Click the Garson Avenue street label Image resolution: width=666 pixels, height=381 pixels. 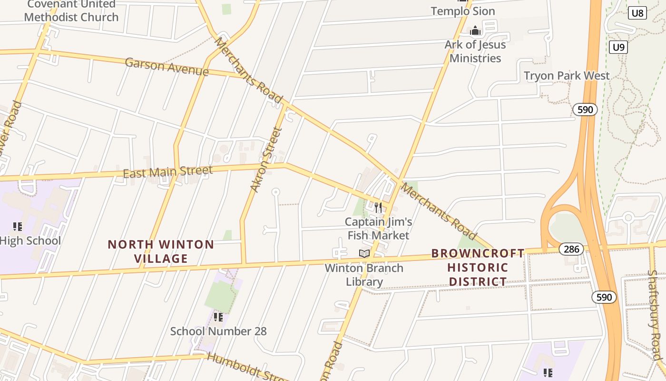point(166,67)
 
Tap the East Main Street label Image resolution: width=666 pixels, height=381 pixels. point(167,171)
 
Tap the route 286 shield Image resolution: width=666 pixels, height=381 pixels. point(571,249)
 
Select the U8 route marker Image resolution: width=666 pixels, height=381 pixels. point(637,13)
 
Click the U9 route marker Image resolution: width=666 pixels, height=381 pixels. point(618,47)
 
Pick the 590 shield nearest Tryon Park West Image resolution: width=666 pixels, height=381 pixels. point(585,110)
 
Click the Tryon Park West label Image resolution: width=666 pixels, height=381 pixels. point(566,76)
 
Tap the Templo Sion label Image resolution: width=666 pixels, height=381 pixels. point(462,11)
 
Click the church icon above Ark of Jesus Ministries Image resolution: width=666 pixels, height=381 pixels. point(475,31)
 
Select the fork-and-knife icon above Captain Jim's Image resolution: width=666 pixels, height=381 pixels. point(378,208)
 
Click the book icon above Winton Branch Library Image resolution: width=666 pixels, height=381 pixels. point(364,254)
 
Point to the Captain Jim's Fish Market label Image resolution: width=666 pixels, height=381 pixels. point(378,229)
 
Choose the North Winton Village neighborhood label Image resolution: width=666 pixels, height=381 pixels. point(161,251)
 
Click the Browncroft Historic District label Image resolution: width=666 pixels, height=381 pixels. point(478,267)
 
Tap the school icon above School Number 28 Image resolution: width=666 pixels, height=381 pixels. point(218,317)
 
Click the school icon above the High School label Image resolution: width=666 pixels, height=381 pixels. point(18,227)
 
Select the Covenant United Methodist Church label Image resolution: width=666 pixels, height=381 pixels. point(71,11)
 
